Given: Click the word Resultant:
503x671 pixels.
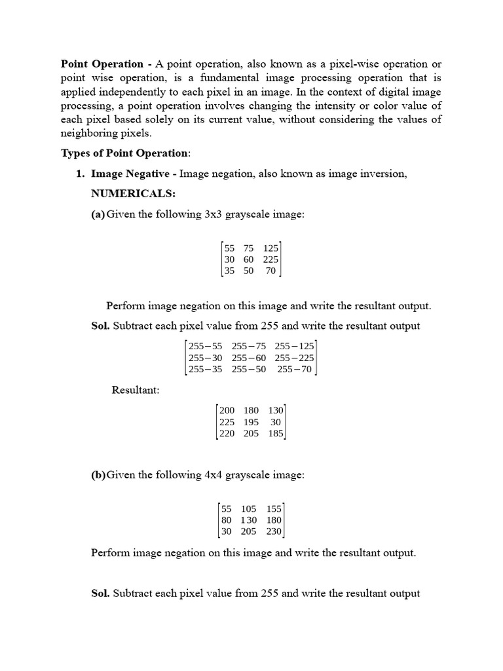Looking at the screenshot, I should click(x=136, y=390).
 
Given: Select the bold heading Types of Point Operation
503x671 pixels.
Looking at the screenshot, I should click(x=124, y=153).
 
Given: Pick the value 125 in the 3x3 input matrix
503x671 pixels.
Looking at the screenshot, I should click(x=270, y=248).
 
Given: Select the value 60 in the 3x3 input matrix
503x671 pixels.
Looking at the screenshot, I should click(x=248, y=259).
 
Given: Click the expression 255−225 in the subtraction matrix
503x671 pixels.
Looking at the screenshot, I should click(x=294, y=358).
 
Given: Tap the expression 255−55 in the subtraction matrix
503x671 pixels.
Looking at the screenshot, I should click(x=205, y=347).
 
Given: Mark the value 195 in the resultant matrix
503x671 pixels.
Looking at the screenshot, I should click(x=251, y=422).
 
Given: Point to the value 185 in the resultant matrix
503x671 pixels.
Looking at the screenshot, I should click(x=275, y=433).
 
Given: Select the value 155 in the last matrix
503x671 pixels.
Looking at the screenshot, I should click(x=274, y=508).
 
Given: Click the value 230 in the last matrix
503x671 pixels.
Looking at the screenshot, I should click(x=274, y=531).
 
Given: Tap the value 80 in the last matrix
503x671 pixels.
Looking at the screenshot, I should click(x=227, y=520).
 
